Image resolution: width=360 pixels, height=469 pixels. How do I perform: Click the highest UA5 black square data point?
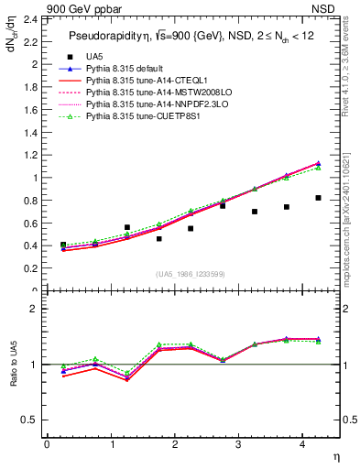click(x=318, y=198)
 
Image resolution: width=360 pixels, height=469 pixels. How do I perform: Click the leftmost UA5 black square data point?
click(x=63, y=245)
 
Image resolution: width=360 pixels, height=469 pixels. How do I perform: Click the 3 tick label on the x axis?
click(x=238, y=444)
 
